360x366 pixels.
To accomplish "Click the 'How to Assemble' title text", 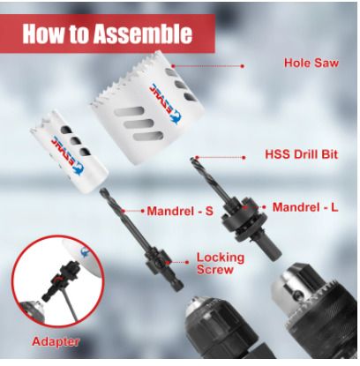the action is click(x=108, y=34).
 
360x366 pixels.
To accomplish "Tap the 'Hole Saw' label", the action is click(x=311, y=63).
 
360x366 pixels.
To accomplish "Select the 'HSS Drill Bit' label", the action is click(x=302, y=154).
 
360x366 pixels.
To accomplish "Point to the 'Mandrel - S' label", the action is click(x=180, y=211).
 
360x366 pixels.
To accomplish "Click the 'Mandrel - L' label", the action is click(x=305, y=207).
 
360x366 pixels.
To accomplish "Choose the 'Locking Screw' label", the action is click(x=221, y=264).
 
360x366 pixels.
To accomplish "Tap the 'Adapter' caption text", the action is click(x=56, y=341).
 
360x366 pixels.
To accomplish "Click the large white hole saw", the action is click(x=147, y=108).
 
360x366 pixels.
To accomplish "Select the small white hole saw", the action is click(x=69, y=152).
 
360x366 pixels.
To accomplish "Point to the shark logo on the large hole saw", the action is click(x=176, y=116).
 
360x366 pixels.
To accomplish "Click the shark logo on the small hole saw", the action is click(x=78, y=168).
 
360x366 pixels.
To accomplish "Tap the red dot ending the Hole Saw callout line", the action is click(x=243, y=66).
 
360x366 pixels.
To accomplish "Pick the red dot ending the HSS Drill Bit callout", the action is click(x=244, y=158).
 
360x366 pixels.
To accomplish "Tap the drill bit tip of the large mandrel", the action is click(x=192, y=159).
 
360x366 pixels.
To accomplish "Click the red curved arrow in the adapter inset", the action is click(x=58, y=279).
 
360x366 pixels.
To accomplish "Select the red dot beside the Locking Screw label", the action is click(x=187, y=262).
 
